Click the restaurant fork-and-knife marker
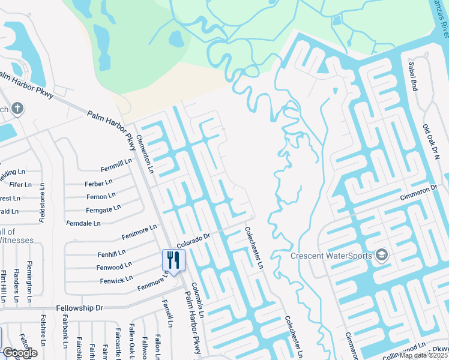173,260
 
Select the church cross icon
18,109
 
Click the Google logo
19,353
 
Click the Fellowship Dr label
80,308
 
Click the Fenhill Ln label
111,253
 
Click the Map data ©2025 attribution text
424,355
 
